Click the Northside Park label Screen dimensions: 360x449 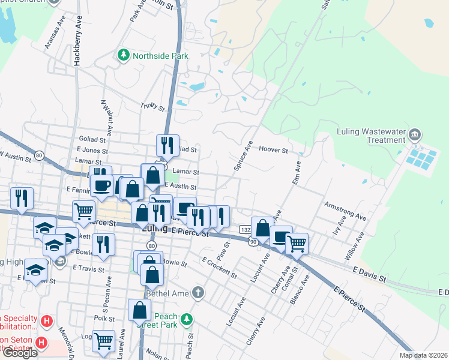pyautogui.click(x=160, y=56)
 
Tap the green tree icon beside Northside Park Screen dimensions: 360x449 pyautogui.click(x=124, y=55)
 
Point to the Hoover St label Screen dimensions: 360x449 pyautogui.click(x=274, y=149)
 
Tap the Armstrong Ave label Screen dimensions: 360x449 pyautogui.click(x=345, y=211)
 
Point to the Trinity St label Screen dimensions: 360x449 pyautogui.click(x=152, y=107)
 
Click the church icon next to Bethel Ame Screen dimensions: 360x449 pyautogui.click(x=198, y=293)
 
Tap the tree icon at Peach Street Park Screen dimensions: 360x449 pyautogui.click(x=187, y=317)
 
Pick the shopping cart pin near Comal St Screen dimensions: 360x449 pyautogui.click(x=297, y=243)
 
